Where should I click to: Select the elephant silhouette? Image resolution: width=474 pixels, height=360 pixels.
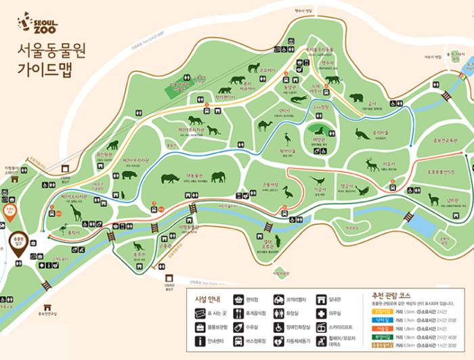click(x=218, y=177)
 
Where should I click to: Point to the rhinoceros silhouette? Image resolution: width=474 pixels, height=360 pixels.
click(x=171, y=179)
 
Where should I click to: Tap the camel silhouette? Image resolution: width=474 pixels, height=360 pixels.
click(x=263, y=125)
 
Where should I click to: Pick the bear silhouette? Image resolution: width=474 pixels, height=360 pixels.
click(x=356, y=98)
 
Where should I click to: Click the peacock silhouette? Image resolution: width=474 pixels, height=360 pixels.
click(x=362, y=133)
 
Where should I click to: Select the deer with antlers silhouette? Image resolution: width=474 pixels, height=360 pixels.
click(x=372, y=164)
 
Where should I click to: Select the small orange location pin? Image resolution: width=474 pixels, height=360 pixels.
click(x=9, y=212)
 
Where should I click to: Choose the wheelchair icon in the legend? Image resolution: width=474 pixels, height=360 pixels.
click(x=279, y=327)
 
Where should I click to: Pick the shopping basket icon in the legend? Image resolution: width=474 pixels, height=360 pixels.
click(x=238, y=299)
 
